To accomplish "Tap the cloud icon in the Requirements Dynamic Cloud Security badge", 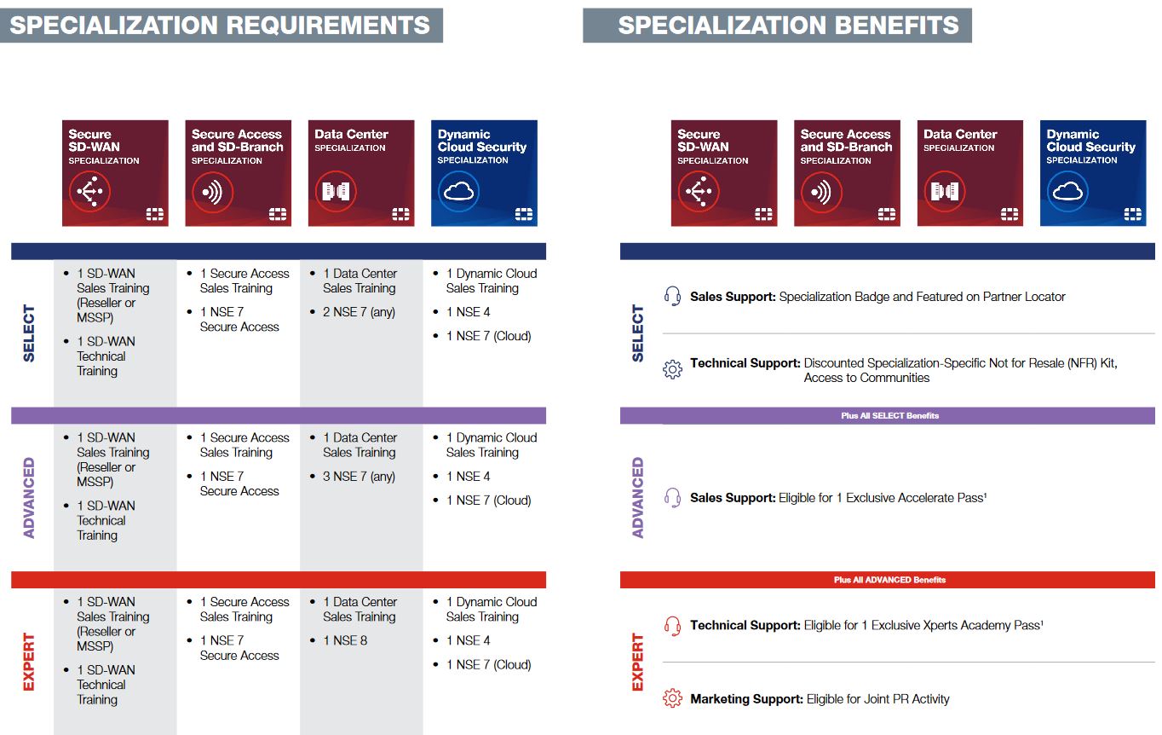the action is click(x=458, y=192).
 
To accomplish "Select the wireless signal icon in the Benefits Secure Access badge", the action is click(x=821, y=192).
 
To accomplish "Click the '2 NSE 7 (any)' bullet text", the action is click(x=359, y=312).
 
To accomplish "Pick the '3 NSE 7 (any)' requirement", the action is click(x=359, y=477).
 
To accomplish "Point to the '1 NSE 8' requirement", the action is click(x=346, y=640).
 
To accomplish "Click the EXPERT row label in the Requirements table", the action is click(x=28, y=662).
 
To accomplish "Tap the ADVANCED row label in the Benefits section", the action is click(x=637, y=497).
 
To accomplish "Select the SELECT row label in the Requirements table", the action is click(x=28, y=333).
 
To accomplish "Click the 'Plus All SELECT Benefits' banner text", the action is click(x=889, y=416).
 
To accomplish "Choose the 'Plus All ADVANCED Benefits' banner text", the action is click(x=889, y=580).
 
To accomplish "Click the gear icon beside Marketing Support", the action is click(x=672, y=698).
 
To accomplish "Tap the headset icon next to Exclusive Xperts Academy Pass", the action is click(x=672, y=626).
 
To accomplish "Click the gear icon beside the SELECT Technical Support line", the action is click(x=672, y=369).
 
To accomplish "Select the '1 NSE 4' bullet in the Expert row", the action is click(x=468, y=640).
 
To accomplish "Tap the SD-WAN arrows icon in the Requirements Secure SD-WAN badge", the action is click(x=89, y=192).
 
